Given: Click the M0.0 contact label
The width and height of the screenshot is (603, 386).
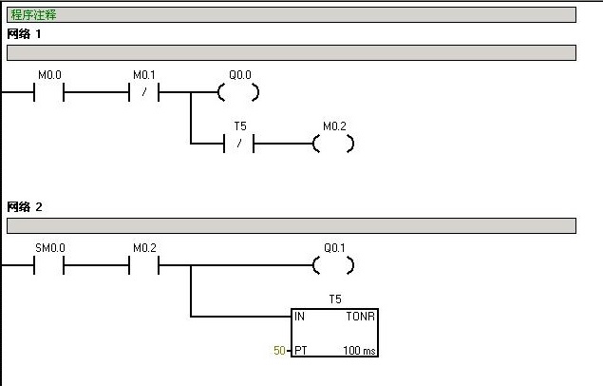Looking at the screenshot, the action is [x=49, y=75].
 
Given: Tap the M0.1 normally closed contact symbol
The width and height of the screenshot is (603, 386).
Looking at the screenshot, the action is [x=143, y=92].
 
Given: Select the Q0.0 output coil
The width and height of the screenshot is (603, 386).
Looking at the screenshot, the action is [x=238, y=92].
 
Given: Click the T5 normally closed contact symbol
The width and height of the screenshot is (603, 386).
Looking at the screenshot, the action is [x=238, y=144].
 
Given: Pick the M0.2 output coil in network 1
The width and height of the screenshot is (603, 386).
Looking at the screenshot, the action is [x=333, y=144].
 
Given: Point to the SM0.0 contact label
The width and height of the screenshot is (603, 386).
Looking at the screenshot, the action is [x=50, y=248].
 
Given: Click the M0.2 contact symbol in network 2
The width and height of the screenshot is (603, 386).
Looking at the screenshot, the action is [x=143, y=265].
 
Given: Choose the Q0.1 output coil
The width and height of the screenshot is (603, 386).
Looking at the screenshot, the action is [x=333, y=265].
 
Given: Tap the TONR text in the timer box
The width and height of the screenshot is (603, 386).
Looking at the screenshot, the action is [x=360, y=317].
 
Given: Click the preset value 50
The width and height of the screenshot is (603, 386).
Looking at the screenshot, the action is [x=279, y=350].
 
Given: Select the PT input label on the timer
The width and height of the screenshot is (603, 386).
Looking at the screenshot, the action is [x=301, y=351].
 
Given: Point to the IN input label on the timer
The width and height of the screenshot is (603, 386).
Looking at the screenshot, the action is [x=299, y=317].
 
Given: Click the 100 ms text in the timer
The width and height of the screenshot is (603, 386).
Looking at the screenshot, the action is [x=360, y=351].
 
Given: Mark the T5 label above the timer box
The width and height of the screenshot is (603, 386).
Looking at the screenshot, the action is [x=335, y=299].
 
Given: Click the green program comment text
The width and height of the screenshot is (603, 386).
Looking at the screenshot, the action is [x=33, y=15].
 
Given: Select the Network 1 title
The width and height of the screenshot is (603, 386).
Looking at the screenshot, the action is [x=24, y=34].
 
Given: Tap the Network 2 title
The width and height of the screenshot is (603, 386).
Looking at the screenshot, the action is [x=25, y=207].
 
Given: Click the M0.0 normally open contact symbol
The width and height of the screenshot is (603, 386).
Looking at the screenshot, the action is [x=48, y=92].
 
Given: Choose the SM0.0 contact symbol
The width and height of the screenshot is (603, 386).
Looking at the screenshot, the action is [x=48, y=265].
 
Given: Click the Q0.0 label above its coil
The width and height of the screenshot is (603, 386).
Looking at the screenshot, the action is [x=240, y=75].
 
